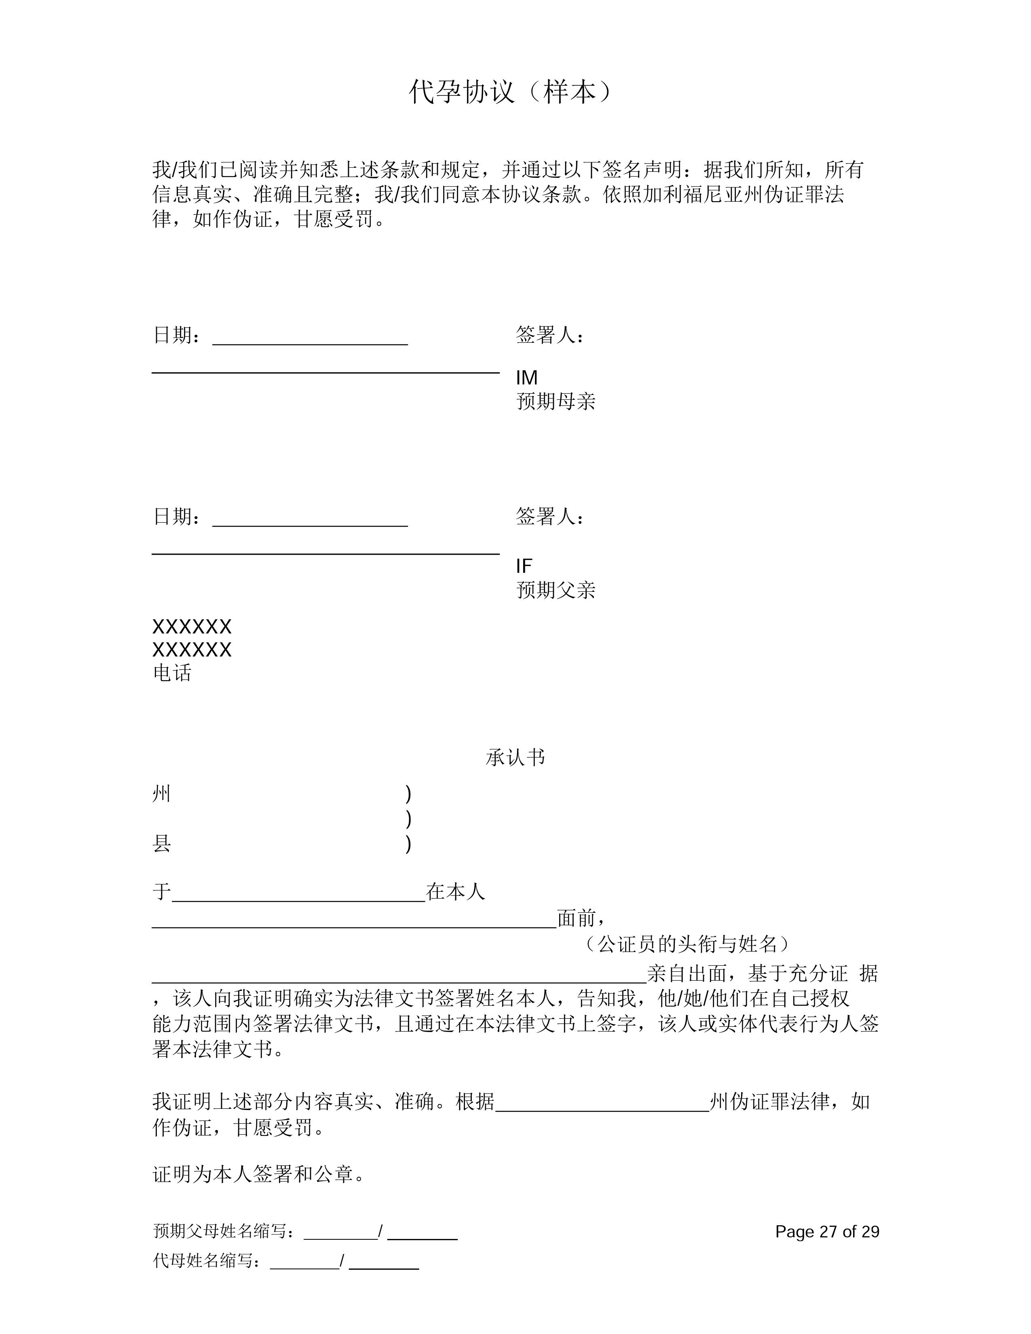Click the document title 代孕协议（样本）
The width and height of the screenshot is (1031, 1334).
click(509, 92)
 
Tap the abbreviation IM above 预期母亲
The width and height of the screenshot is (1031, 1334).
click(526, 378)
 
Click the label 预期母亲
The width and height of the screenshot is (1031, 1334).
click(555, 401)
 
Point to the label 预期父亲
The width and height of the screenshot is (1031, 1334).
click(555, 590)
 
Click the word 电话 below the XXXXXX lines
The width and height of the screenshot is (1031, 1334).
click(171, 673)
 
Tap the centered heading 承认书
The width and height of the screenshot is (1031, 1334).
click(515, 758)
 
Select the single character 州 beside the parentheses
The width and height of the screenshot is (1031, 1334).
click(161, 794)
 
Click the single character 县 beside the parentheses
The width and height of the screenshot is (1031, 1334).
click(161, 844)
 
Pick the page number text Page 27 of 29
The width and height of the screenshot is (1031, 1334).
click(827, 1231)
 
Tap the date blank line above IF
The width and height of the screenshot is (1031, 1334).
click(310, 525)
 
